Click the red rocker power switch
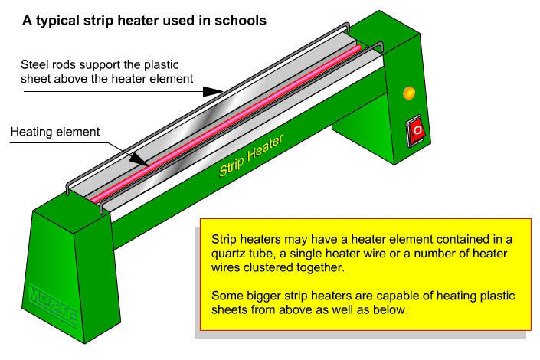[x=417, y=131]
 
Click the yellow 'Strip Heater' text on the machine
[x=250, y=155]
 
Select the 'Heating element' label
[x=54, y=132]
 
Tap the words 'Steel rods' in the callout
[x=47, y=64]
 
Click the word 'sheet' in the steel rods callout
[x=37, y=77]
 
